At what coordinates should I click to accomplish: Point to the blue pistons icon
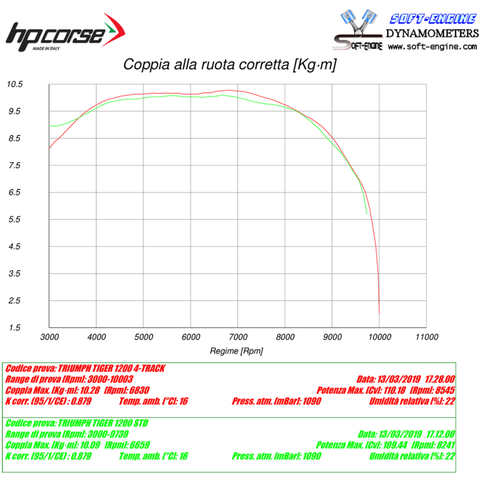(358, 24)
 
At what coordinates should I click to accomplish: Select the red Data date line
(406, 379)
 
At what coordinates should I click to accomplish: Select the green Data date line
(406, 434)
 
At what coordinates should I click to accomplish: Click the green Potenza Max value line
(385, 445)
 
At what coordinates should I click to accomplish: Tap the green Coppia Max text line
(77, 445)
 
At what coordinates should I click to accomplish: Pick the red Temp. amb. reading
(154, 401)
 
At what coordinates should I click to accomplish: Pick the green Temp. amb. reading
(154, 456)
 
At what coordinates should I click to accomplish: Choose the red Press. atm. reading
(277, 401)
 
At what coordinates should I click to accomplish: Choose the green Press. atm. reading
(277, 456)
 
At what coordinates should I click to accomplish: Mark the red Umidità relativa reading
(412, 401)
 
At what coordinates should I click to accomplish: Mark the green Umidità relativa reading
(412, 456)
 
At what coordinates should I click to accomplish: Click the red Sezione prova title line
(84, 368)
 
